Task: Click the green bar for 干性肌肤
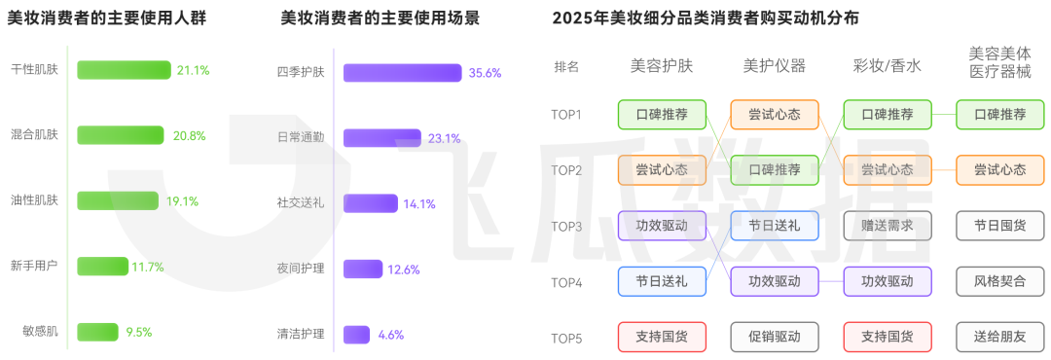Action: (x=125, y=70)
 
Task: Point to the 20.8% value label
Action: (x=189, y=135)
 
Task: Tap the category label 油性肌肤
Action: (x=34, y=200)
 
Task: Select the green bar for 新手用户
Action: (x=102, y=266)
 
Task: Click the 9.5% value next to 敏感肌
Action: (x=139, y=332)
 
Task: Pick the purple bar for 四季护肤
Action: (x=402, y=73)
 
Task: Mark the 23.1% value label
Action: (x=444, y=138)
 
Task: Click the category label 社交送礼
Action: (x=301, y=203)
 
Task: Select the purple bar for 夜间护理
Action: (x=362, y=269)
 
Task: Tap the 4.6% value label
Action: (x=390, y=335)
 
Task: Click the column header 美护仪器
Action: (x=774, y=66)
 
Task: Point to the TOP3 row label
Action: (x=566, y=227)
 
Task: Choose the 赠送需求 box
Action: (x=887, y=226)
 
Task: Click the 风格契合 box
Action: (x=999, y=281)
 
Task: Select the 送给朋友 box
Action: (x=999, y=337)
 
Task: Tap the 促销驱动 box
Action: (x=774, y=337)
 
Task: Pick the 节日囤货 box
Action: (x=999, y=226)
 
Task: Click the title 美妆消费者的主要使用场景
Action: (x=380, y=18)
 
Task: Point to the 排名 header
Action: (x=566, y=66)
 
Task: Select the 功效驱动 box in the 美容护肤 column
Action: (x=661, y=226)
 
